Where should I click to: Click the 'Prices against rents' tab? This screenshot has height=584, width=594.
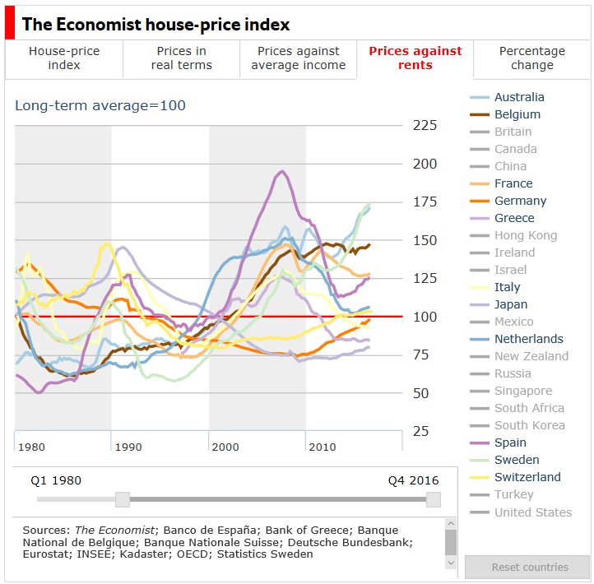[x=415, y=58]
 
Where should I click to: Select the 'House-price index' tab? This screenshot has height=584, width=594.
[x=64, y=58]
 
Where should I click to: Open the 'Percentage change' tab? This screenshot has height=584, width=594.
[x=532, y=58]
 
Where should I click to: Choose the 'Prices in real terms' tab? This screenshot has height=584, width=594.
[x=181, y=58]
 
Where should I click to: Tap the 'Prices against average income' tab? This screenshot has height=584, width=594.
[x=299, y=58]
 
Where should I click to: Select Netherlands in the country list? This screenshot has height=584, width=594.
[x=528, y=339]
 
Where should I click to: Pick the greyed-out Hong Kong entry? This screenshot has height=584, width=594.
[x=525, y=235]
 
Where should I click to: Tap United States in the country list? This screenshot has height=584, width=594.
[x=532, y=512]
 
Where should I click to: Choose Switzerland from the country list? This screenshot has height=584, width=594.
[x=527, y=477]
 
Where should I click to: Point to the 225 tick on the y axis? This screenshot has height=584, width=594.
[x=425, y=125]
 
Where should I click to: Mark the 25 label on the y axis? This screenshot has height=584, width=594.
[x=420, y=431]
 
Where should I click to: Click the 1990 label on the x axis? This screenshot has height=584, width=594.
[x=128, y=447]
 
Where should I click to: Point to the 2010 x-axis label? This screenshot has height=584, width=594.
[x=322, y=447]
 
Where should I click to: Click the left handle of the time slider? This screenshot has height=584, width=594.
[x=123, y=499]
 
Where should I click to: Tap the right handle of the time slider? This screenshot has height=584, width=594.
[x=434, y=499]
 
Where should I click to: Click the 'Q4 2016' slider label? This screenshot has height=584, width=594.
[x=414, y=480]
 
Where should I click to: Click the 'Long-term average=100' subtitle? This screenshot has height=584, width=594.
[x=100, y=105]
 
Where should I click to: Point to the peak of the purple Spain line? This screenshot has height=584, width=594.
[x=282, y=171]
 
